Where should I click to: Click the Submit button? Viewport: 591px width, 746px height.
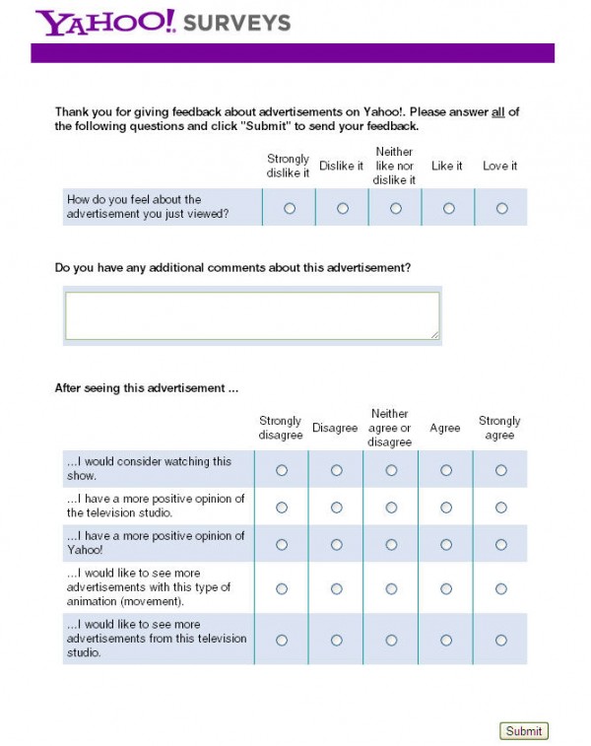[523, 731]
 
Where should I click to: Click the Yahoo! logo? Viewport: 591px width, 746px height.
[105, 23]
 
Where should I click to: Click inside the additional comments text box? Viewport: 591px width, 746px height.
[252, 315]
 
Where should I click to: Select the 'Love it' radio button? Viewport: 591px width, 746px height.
[501, 208]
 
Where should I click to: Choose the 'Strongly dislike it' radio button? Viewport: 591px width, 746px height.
[289, 208]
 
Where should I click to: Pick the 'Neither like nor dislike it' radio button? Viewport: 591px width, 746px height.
[395, 208]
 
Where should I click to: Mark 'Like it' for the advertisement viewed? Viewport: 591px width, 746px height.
[448, 208]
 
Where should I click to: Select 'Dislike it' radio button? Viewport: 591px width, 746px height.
[342, 208]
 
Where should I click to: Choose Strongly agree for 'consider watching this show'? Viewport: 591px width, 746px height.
[500, 470]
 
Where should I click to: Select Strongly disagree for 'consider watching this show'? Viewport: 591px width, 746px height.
[282, 470]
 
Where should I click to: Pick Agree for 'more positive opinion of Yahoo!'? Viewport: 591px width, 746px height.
[446, 544]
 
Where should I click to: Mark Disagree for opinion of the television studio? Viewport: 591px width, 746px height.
[336, 508]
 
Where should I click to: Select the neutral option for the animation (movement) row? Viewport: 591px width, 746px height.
[391, 588]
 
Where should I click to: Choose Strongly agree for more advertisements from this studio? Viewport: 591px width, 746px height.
[500, 640]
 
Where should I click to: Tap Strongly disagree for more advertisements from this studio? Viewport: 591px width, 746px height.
[282, 640]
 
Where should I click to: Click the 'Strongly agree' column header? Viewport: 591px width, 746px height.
[499, 428]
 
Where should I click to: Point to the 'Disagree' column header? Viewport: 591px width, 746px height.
[335, 428]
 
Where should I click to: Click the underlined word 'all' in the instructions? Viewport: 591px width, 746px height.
[498, 112]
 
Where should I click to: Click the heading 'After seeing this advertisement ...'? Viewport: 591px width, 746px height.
[147, 388]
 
